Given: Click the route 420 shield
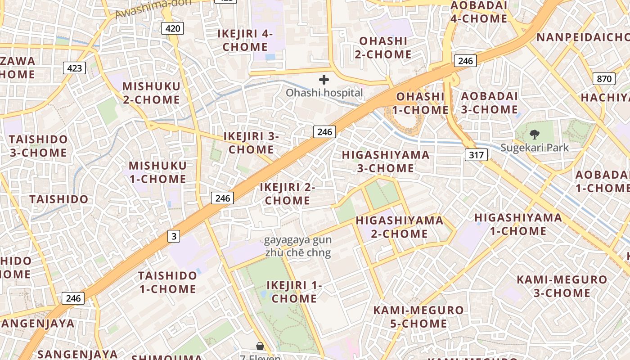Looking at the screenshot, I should (172, 29).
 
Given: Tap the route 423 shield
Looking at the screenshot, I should (75, 68).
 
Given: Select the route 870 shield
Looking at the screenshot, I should (604, 79).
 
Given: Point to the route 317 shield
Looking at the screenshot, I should (476, 155).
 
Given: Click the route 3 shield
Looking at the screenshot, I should (174, 236).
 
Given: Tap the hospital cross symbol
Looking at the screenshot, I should (324, 80).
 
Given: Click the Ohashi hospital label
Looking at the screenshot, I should (324, 93).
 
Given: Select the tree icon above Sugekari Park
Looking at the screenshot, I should (535, 134).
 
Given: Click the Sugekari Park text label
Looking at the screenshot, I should (535, 148).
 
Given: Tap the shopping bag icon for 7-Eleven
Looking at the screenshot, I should (260, 346).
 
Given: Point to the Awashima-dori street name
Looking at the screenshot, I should (153, 8).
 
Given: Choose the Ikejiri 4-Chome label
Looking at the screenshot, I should (245, 40).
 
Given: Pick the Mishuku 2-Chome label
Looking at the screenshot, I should (151, 93).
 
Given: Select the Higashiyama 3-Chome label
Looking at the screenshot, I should (386, 161).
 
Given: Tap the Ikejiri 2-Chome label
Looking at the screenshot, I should (287, 193).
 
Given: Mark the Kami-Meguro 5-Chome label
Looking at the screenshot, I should (418, 317).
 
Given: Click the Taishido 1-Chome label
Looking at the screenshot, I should (167, 282).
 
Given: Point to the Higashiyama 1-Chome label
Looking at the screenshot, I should (518, 225).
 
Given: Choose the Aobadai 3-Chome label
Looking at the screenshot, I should (489, 103).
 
